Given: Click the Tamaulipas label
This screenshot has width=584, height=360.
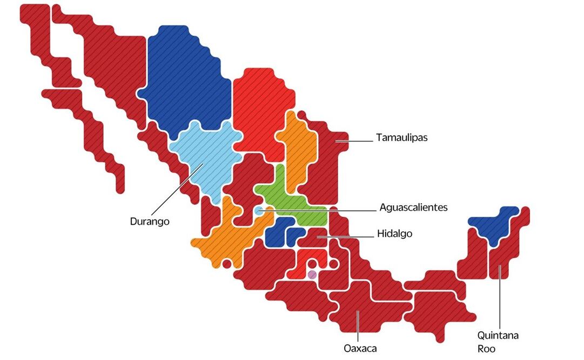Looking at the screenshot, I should click(x=401, y=137).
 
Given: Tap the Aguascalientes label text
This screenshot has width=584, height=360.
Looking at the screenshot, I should click(x=413, y=208).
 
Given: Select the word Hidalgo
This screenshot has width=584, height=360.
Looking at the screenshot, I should click(x=395, y=234).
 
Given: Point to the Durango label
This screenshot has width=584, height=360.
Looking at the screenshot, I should click(x=150, y=221).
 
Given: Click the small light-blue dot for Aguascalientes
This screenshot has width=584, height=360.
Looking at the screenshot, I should click(x=259, y=211).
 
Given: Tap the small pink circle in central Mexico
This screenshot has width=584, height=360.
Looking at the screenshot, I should click(x=312, y=275).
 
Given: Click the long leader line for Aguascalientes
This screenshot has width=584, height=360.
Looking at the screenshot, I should click(x=324, y=210).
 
